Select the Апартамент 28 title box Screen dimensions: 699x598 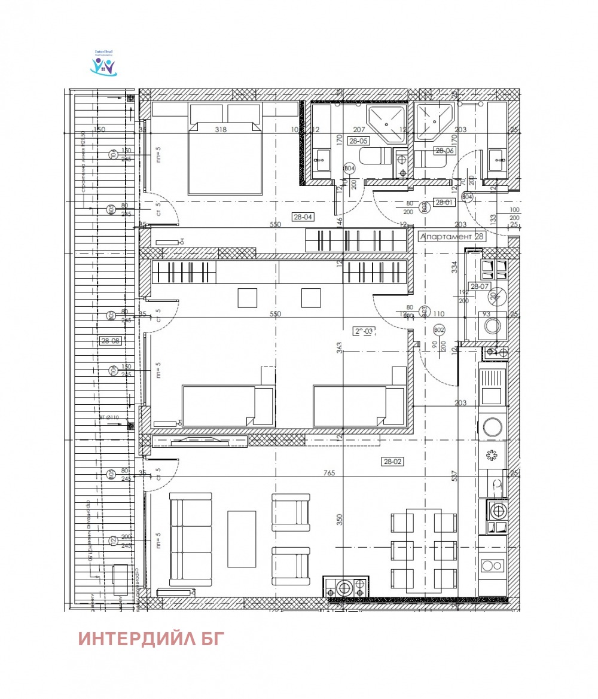(452, 236)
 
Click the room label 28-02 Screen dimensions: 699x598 (393, 461)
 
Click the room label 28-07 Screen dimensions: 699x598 (480, 287)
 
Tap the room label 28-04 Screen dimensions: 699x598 (303, 217)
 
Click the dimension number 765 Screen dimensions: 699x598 (328, 473)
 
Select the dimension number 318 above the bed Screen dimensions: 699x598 (221, 130)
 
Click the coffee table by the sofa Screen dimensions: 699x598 (242, 539)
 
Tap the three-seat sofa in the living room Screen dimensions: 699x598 (190, 539)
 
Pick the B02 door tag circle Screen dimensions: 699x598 (438, 329)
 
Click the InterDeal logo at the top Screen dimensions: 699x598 (104, 63)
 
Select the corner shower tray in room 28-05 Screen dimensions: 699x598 (387, 124)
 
